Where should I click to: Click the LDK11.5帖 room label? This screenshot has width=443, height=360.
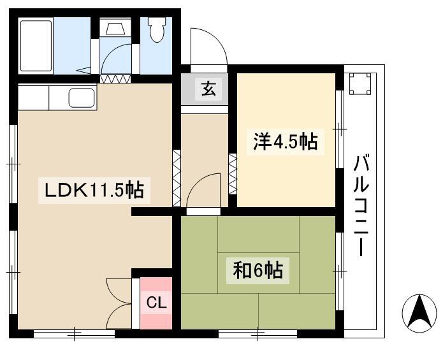point(94,191)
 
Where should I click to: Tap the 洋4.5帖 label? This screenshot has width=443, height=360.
point(286,141)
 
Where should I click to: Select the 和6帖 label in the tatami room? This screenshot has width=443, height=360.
point(258,271)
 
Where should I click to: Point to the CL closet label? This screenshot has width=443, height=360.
point(156,303)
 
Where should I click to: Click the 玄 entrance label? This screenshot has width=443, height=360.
point(208,89)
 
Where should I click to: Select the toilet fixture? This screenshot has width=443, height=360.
point(157,30)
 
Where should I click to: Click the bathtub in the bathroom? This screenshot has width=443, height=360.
point(36,45)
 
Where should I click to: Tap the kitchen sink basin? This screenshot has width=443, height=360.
point(82,97)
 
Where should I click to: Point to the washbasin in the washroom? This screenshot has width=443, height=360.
point(115,27)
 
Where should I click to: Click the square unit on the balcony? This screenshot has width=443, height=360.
point(359,84)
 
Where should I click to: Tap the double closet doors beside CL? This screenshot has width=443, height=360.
point(119,303)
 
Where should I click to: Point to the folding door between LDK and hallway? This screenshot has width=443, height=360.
point(177,178)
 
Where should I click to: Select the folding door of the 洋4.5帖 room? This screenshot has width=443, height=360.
point(233,174)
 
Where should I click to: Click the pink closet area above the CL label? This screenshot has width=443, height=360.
point(156,285)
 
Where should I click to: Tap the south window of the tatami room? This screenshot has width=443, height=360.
point(258,335)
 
